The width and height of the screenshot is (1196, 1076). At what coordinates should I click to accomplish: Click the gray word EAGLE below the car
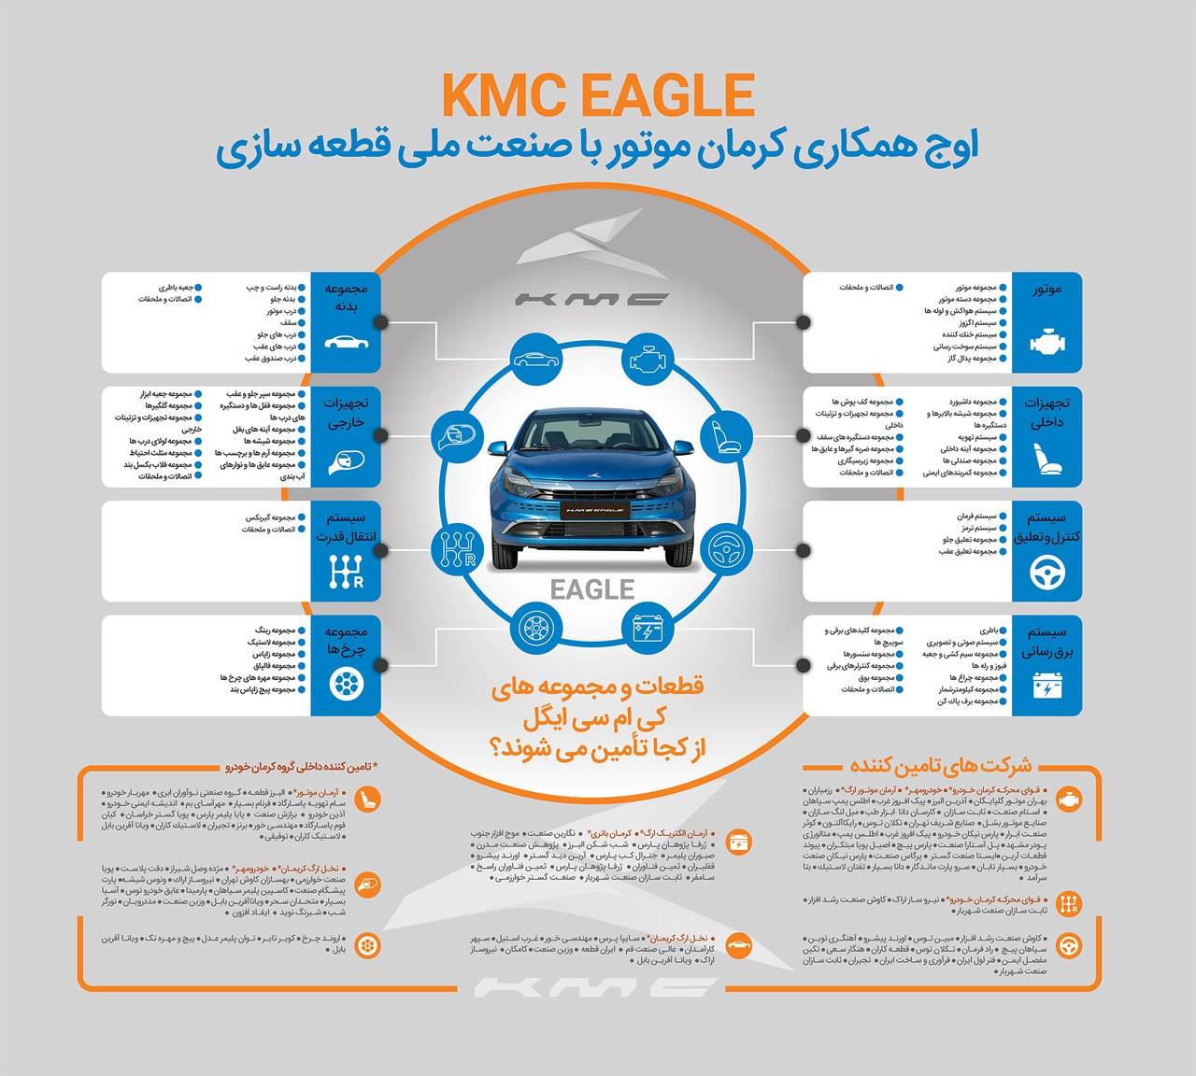[592, 589]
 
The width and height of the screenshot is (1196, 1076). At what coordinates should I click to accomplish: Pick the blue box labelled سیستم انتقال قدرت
[347, 550]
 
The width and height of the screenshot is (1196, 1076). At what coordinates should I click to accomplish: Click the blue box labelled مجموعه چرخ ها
[347, 665]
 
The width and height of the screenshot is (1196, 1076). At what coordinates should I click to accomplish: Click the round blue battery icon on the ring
[646, 629]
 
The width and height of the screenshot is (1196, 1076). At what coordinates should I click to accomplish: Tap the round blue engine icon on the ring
[646, 358]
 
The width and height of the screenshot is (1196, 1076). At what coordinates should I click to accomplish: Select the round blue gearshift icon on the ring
[457, 546]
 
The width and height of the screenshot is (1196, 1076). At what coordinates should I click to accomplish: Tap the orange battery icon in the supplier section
[739, 841]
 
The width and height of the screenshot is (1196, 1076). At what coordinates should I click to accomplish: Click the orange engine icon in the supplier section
[1066, 800]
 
